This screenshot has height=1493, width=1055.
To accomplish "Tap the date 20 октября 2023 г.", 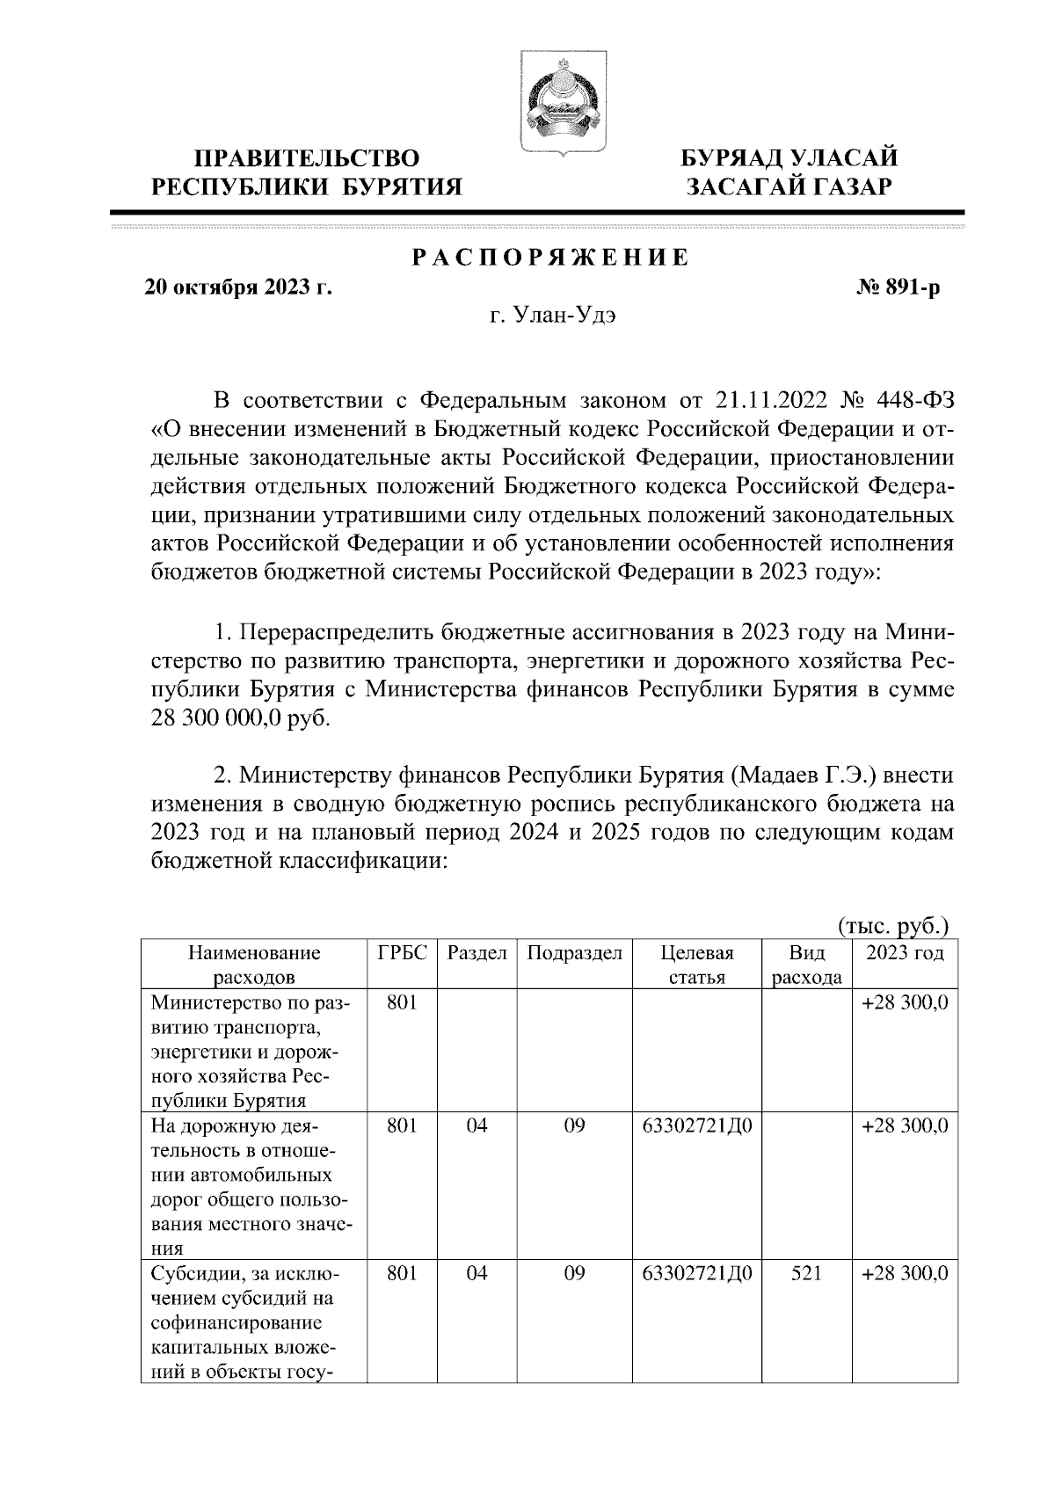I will pyautogui.click(x=238, y=288).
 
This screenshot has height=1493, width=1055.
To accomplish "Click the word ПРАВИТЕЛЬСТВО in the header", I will pyautogui.click(x=307, y=158).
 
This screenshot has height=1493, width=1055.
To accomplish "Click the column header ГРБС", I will pyautogui.click(x=401, y=953).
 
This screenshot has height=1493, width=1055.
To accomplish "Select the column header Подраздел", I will pyautogui.click(x=574, y=953).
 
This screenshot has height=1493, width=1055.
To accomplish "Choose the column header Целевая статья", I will pyautogui.click(x=696, y=965).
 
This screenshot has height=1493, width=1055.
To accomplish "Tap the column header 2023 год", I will pyautogui.click(x=905, y=953).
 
